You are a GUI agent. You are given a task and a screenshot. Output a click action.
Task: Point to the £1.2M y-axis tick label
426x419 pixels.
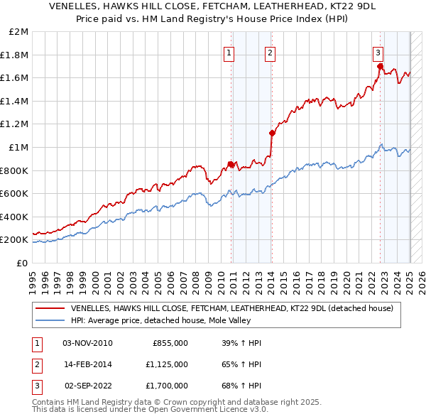click(15, 124)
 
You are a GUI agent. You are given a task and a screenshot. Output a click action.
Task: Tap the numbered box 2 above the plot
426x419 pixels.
click(271, 52)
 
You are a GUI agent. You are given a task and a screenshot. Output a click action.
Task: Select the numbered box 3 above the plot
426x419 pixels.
click(378, 52)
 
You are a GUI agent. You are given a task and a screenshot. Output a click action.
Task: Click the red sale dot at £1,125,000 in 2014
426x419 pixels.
click(272, 133)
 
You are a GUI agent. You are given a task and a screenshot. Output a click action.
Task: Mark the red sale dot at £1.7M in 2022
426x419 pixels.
click(380, 67)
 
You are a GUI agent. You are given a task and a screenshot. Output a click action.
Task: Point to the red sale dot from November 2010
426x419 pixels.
click(231, 164)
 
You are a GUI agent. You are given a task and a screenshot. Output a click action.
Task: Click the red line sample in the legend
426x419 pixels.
click(50, 308)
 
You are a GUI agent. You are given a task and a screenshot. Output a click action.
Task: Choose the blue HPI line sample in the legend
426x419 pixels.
click(50, 320)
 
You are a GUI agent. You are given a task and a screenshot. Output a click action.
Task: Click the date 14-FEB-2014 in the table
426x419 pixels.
click(88, 364)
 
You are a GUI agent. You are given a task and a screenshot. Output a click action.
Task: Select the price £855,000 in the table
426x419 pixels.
click(170, 343)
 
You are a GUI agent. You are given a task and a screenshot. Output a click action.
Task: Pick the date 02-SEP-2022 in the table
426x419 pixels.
click(88, 386)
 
